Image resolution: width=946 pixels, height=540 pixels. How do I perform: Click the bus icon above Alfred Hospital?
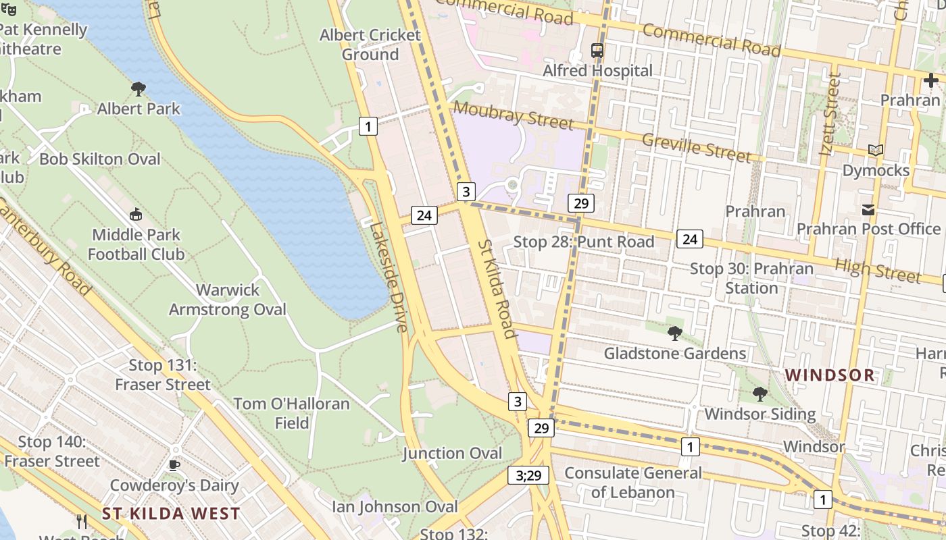pos(597,50)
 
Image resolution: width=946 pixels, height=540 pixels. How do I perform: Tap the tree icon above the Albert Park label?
pos(139,88)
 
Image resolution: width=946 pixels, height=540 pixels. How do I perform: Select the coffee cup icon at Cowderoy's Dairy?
pos(174,465)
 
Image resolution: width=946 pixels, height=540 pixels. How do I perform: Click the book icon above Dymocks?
pos(876,151)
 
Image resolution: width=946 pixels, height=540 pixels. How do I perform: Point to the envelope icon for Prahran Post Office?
pos(868,210)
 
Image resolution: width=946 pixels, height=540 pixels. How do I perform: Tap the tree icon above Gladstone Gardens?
pos(674,333)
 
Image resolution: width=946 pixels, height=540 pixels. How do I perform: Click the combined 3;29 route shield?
pos(528,475)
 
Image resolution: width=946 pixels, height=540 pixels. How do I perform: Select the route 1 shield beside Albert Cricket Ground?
pos(368,126)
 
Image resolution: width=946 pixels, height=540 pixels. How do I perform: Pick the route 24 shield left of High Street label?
pos(689,238)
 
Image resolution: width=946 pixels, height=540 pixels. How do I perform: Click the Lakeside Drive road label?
pos(389,277)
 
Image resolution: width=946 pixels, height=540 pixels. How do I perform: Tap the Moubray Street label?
pos(514,115)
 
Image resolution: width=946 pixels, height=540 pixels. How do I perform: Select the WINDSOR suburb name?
pos(830,375)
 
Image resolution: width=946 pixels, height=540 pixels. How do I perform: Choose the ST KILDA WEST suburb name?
pos(171,513)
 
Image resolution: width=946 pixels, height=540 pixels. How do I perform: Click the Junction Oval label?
pos(453,453)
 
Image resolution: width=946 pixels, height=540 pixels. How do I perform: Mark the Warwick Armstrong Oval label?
pos(228,300)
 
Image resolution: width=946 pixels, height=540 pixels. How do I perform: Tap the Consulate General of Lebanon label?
pos(633,482)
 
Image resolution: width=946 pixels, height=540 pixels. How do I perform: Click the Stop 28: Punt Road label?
pos(584,242)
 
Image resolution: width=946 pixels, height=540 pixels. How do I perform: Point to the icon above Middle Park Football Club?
pos(136,215)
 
